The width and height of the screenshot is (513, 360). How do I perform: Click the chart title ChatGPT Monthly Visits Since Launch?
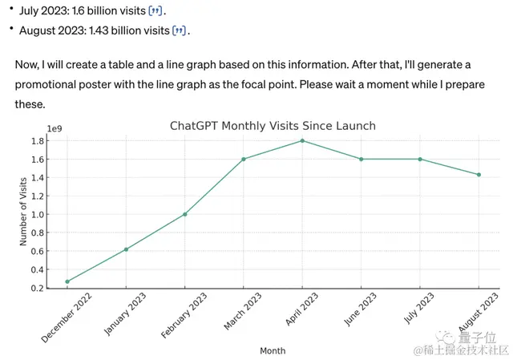tap(273, 126)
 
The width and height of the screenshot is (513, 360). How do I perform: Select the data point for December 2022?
tap(67, 281)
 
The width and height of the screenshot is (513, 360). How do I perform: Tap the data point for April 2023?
tap(302, 140)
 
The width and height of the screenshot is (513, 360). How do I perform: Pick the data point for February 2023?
tap(185, 214)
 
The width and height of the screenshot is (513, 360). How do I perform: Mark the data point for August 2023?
tap(479, 175)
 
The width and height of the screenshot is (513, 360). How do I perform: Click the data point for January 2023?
tap(126, 249)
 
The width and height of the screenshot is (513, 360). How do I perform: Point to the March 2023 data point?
tap(244, 159)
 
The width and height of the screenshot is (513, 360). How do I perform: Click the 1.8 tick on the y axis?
tap(38, 141)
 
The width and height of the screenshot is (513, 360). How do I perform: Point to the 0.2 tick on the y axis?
tap(38, 289)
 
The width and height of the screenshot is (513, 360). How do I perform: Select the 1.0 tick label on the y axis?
tap(38, 215)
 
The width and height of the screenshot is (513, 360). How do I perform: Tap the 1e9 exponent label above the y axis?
tap(55, 128)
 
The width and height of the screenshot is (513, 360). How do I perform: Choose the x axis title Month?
tap(273, 350)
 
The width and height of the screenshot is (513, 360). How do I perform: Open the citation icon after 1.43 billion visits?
tap(181, 30)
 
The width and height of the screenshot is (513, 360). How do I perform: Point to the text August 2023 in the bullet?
tap(48, 30)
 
